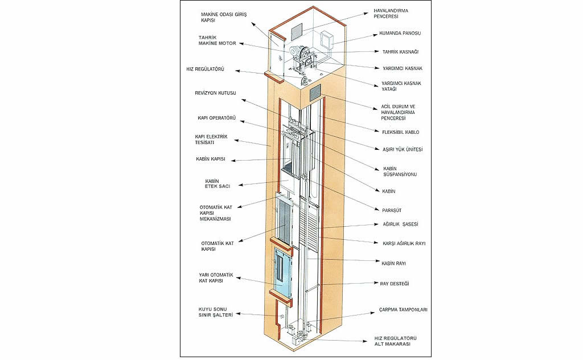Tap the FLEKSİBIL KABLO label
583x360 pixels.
pyautogui.click(x=400, y=132)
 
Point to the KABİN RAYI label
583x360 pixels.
pyautogui.click(x=393, y=263)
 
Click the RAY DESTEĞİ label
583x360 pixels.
pyautogui.click(x=395, y=283)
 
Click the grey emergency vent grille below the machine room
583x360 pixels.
pyautogui.click(x=315, y=90)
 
